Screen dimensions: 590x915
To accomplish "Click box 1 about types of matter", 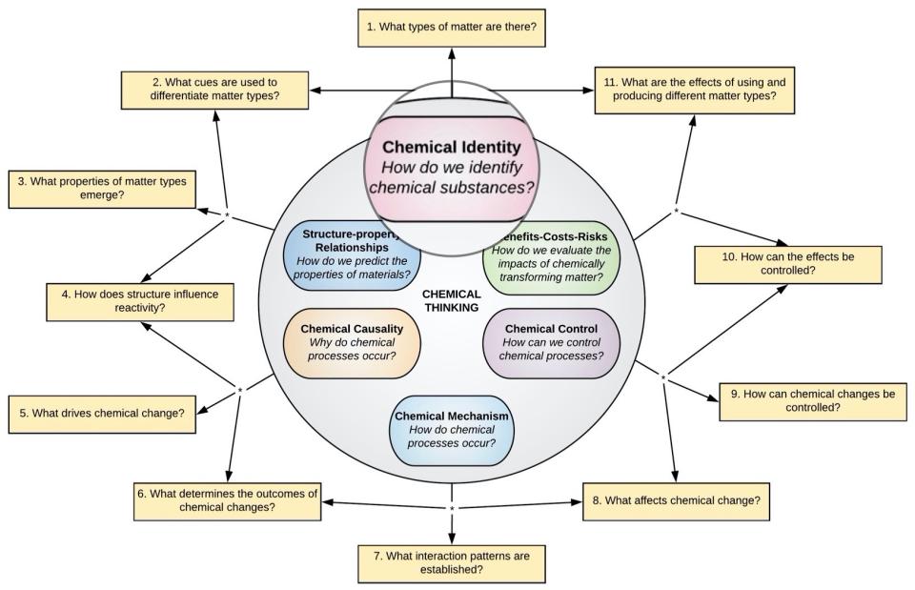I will [453, 28].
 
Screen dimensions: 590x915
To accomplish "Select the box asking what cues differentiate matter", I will [213, 90].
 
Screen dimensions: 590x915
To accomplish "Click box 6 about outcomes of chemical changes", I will [226, 499].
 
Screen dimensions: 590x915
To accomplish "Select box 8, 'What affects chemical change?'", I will [676, 500].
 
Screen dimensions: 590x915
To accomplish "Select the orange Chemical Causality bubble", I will [352, 342].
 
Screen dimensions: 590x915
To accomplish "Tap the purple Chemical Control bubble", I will [551, 342].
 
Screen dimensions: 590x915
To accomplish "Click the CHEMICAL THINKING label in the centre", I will [452, 301].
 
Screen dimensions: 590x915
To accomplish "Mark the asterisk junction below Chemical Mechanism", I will [452, 508].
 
